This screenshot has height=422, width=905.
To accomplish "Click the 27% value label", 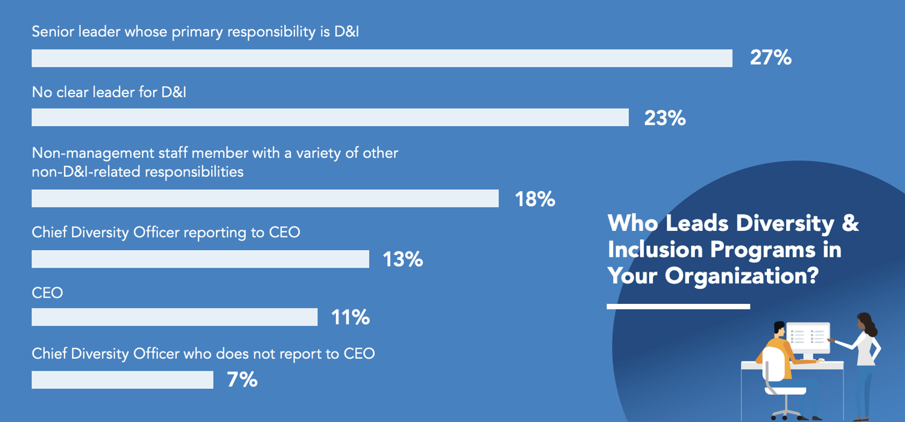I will point(770,58).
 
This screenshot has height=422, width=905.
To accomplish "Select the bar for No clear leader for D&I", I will point(330,118).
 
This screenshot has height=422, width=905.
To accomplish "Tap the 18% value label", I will point(535,199).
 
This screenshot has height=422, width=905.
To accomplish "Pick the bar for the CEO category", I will point(174,317).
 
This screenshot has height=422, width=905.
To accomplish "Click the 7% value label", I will point(243,380).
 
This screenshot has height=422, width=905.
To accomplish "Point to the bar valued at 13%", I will point(200,259).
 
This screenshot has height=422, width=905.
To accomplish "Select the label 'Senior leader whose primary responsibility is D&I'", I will point(195,32).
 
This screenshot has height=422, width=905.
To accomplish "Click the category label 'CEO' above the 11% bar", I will point(47,294).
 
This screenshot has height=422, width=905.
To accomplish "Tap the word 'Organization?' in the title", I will point(741,276).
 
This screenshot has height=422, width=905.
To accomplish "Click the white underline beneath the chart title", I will point(678,306).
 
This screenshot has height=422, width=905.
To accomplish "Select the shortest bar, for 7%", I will point(122,380).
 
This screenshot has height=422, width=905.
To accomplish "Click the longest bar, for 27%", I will point(382,58).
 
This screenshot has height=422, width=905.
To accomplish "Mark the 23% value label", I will point(665,118).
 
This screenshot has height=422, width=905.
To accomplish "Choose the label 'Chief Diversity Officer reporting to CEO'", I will point(166,232).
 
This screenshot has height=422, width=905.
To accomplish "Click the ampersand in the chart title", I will point(850,223).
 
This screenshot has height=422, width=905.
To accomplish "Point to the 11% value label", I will point(350,317).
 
